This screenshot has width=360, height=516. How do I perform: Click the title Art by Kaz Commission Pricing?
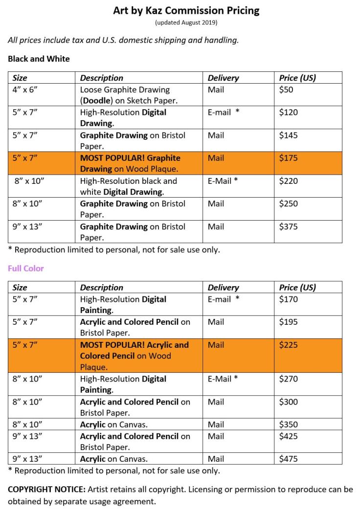[186, 10]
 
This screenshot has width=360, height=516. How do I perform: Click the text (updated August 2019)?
[186, 22]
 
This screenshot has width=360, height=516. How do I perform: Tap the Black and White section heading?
[39, 59]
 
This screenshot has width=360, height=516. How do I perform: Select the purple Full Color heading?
[25, 269]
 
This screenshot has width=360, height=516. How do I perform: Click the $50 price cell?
[286, 90]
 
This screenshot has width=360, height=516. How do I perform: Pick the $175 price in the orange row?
[288, 158]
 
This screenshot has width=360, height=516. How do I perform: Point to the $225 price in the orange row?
[288, 345]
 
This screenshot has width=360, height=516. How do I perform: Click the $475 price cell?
[288, 459]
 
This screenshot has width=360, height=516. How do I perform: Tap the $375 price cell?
[288, 226]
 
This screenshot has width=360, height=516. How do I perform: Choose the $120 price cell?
[288, 112]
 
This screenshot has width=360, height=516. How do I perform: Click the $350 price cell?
[288, 425]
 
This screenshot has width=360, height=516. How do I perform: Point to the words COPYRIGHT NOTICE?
[47, 490]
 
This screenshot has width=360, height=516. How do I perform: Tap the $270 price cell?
[288, 379]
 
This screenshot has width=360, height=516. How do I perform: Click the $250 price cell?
[288, 204]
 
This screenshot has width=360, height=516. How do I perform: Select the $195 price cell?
[288, 322]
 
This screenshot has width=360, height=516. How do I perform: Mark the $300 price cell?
[288, 402]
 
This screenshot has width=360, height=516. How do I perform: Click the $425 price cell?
[288, 436]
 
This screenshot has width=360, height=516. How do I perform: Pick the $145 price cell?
[288, 135]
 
